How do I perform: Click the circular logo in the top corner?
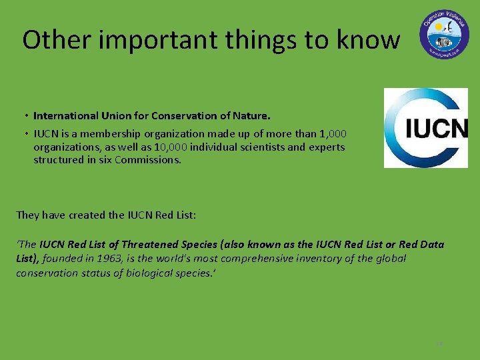click(444, 33)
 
